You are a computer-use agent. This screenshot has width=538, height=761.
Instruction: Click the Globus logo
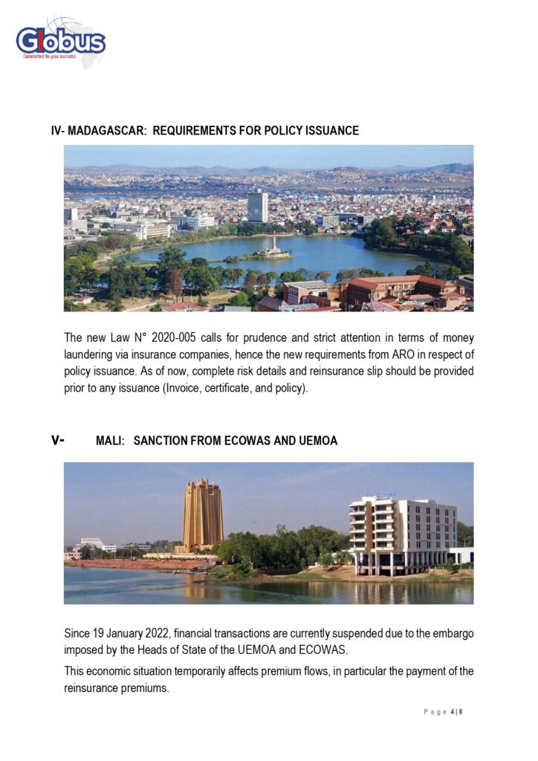point(61,42)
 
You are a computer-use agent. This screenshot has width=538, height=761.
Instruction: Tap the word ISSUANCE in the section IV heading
point(331,131)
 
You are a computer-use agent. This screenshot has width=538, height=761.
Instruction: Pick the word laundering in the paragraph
point(90,355)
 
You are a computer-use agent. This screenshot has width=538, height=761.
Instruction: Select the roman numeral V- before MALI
point(58,440)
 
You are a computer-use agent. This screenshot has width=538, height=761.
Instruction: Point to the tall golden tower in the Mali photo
point(203,514)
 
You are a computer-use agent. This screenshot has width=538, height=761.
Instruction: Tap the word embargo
point(447,633)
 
